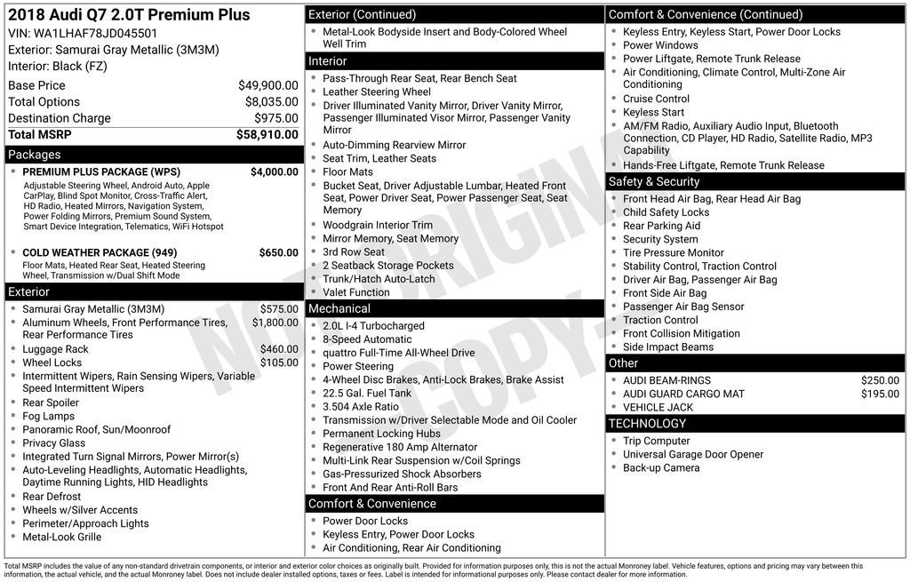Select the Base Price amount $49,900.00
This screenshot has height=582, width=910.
267,85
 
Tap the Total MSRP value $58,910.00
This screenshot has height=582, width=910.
267,135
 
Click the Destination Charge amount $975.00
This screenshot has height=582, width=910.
276,118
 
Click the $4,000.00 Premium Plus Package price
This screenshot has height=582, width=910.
274,171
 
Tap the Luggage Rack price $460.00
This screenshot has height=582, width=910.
279,349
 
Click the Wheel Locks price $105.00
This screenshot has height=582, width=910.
279,363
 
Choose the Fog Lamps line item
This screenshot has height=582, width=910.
48,416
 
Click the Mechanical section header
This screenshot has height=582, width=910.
339,308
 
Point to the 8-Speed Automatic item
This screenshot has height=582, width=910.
367,339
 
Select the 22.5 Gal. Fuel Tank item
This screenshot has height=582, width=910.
367,393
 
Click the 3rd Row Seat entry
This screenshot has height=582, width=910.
354,252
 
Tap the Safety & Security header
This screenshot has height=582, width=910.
654,181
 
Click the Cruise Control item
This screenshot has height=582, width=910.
656,99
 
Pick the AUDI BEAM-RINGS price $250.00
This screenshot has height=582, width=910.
880,380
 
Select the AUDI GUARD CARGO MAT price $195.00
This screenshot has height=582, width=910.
880,394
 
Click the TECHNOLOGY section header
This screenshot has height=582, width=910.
649,423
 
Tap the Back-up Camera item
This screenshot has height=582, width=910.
661,467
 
